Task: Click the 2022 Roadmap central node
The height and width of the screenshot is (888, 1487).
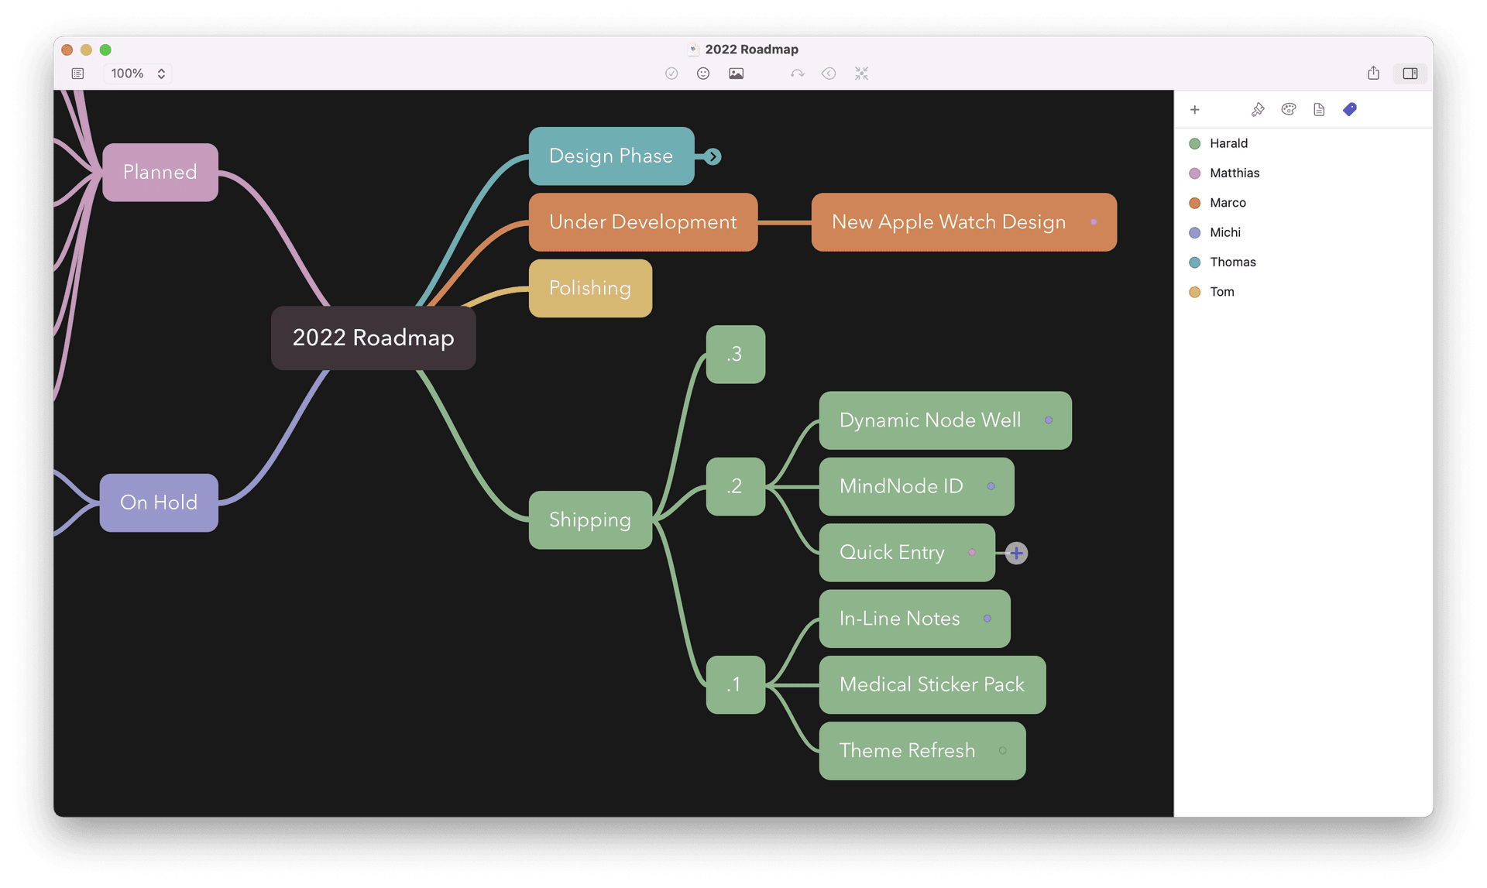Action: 373,338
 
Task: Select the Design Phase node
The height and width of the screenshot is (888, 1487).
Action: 610,156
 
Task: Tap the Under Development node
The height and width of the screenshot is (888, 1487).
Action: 642,222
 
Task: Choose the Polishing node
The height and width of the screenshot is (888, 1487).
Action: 589,288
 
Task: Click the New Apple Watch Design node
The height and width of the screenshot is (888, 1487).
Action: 948,222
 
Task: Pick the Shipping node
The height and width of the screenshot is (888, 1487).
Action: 589,519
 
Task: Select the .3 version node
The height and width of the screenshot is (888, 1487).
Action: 735,354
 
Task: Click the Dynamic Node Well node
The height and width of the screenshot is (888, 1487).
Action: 929,420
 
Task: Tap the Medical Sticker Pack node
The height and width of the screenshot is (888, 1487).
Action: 931,684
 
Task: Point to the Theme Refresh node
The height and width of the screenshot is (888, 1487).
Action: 907,750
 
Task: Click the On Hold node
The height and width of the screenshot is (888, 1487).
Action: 159,502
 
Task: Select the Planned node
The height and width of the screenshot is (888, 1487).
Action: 160,172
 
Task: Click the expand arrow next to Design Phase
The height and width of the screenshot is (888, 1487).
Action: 713,156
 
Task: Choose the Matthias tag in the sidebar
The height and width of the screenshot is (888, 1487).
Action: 1234,173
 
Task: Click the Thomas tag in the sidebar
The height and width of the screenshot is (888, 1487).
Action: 1232,262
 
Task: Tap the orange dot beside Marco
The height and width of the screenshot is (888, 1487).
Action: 1194,203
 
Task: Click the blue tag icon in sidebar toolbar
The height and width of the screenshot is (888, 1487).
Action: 1350,109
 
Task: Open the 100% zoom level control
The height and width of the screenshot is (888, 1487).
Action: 138,74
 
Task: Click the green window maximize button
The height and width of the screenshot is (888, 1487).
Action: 105,50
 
